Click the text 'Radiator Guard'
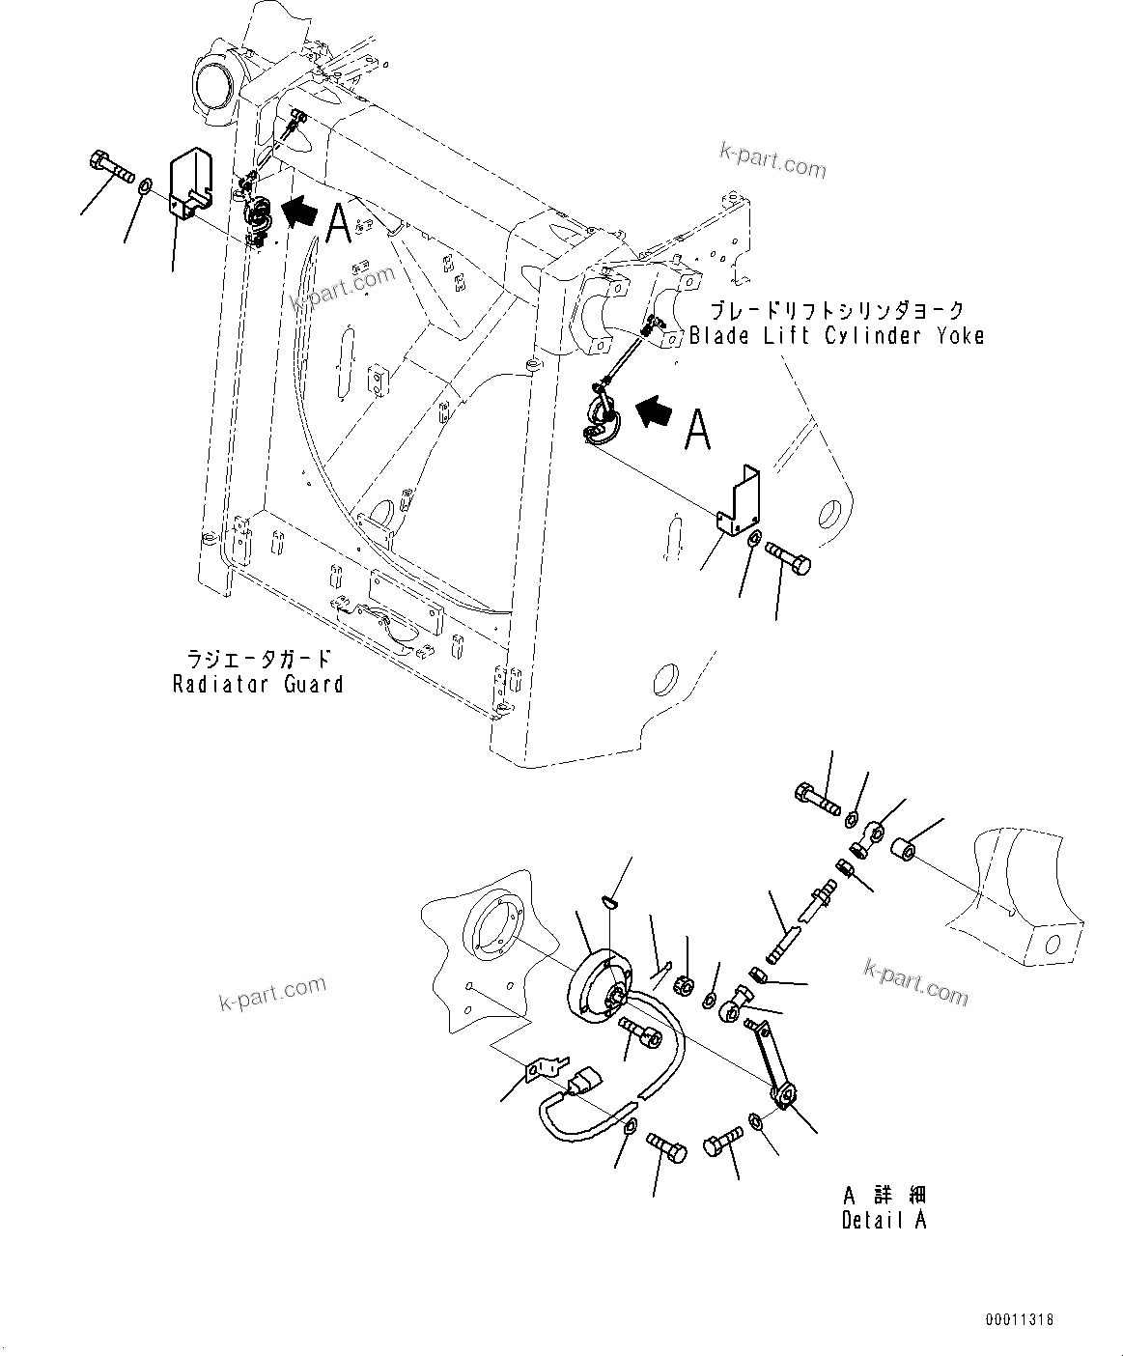(x=258, y=684)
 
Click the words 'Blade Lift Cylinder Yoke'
(x=836, y=336)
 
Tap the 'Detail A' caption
(x=883, y=1219)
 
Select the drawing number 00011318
(x=1020, y=1319)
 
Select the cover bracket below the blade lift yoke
(x=739, y=498)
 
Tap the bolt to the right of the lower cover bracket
(x=789, y=557)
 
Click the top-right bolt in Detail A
(x=817, y=800)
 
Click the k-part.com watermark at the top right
(x=772, y=161)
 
